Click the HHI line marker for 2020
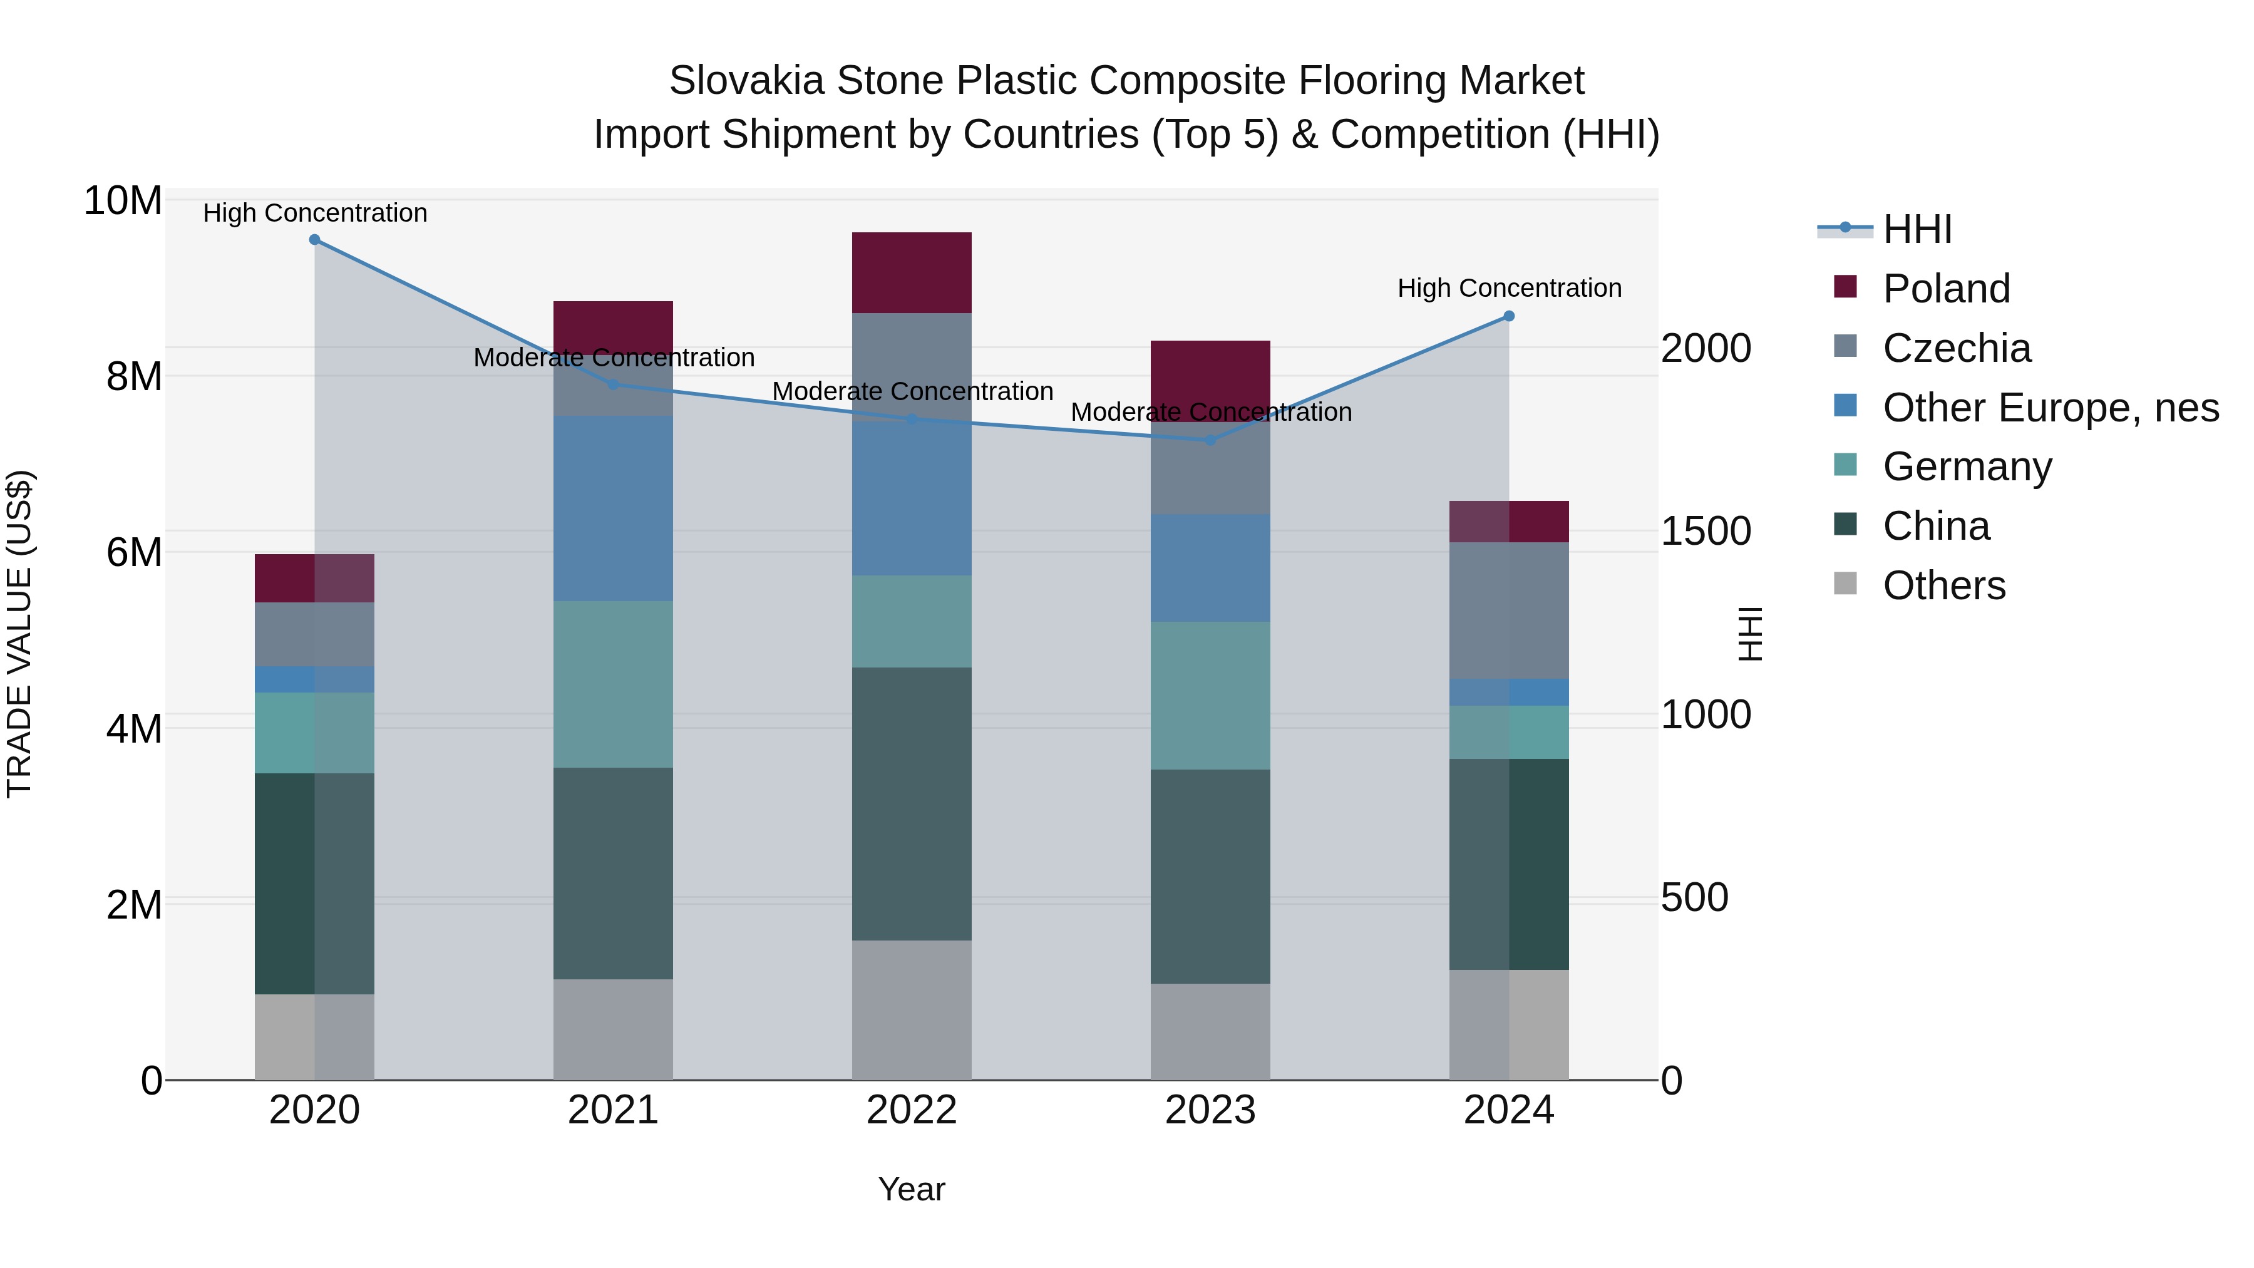(315, 240)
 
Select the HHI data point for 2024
(1510, 316)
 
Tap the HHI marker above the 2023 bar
(1211, 440)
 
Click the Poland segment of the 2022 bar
(912, 272)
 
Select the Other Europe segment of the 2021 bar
(614, 508)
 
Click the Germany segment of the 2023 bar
(1211, 696)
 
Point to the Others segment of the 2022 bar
(912, 1010)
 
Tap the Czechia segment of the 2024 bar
(1510, 610)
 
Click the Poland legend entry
(1946, 289)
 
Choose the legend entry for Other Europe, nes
(2050, 408)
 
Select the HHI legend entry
(1917, 229)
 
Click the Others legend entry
(1943, 585)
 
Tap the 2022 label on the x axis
(912, 1110)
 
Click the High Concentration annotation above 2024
(1510, 288)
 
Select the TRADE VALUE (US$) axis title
(19, 634)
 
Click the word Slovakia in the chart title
(746, 81)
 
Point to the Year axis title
(912, 1189)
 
